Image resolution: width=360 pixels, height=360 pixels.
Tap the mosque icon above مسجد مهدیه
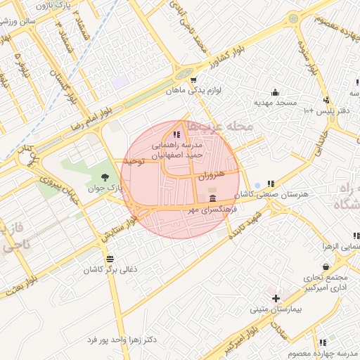275,92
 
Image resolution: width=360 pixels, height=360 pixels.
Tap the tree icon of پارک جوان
105,176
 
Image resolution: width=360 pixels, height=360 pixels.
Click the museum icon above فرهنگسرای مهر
212,192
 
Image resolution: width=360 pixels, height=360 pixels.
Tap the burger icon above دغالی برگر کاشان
109,259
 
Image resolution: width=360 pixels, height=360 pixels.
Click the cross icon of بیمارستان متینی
276,298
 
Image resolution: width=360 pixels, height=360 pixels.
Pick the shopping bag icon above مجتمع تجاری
326,266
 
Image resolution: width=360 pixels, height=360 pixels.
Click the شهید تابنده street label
250,221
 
